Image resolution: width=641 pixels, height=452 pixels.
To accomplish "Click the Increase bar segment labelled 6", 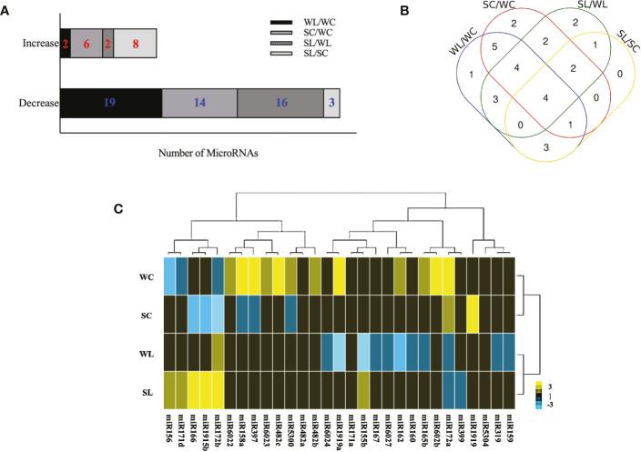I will tap(86, 43).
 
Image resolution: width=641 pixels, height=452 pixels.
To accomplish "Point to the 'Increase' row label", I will tap(35, 43).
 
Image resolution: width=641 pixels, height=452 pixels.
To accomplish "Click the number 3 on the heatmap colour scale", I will tap(548, 386).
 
